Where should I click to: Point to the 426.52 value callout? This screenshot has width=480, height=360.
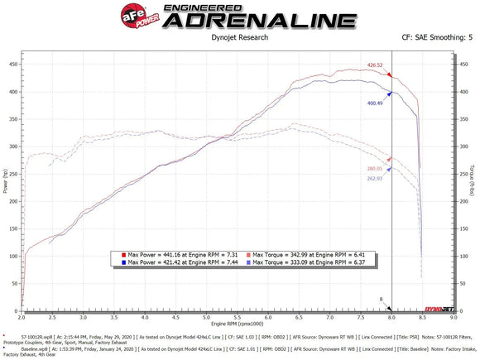click(376, 64)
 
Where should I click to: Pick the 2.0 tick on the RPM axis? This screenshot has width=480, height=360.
click(22, 316)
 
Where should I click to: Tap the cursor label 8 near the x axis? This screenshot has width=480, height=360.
click(381, 299)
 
